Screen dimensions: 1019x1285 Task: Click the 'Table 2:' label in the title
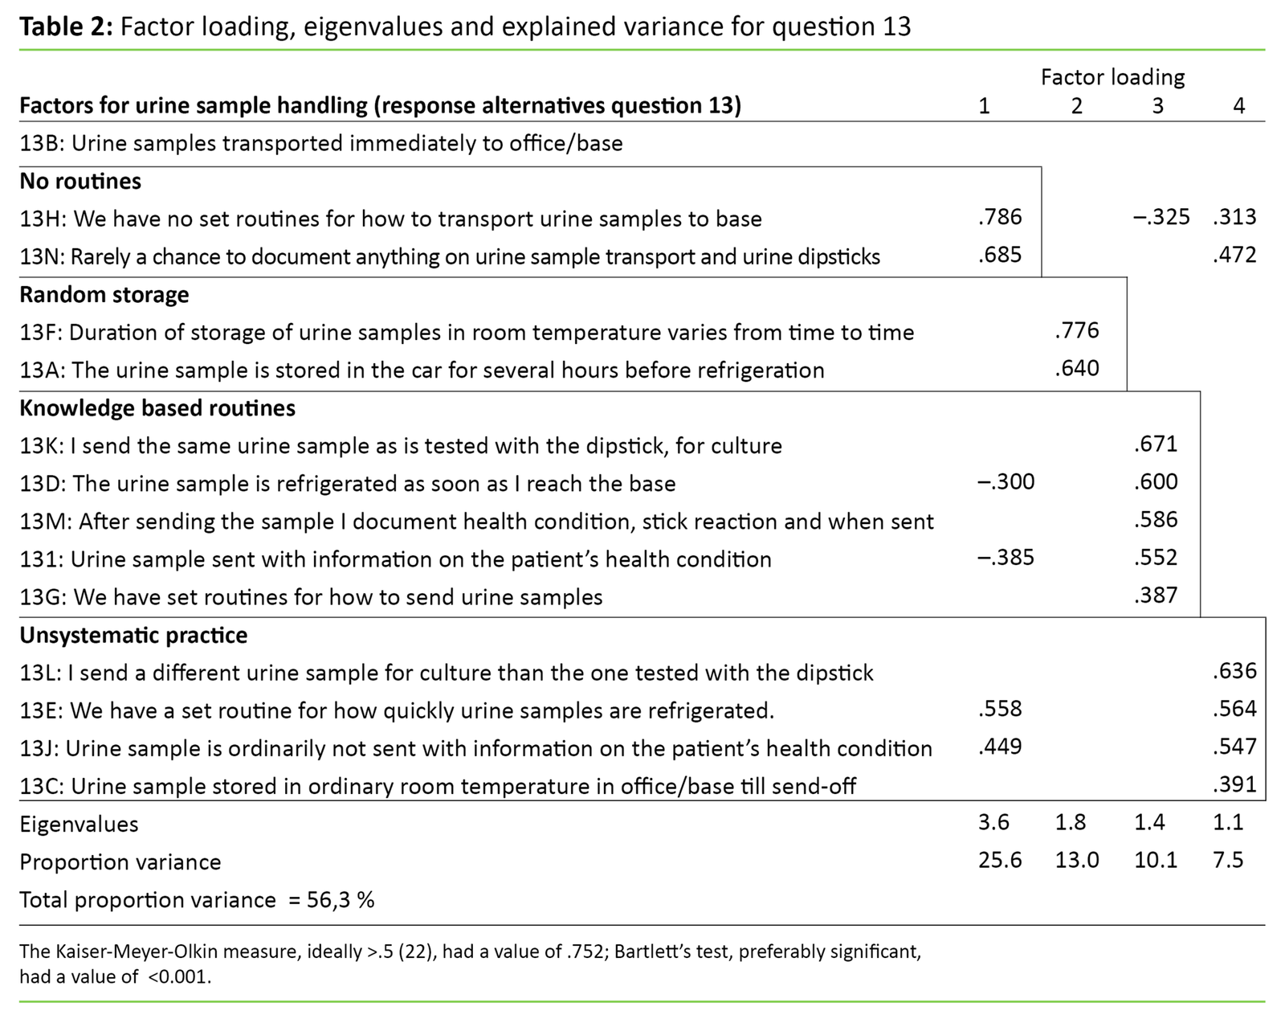[x=66, y=27]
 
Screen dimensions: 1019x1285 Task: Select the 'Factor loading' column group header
[x=1112, y=77]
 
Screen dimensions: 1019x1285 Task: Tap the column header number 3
[x=1157, y=105]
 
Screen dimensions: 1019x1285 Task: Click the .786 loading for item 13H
[x=1000, y=217]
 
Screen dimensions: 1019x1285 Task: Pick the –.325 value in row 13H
[x=1161, y=217]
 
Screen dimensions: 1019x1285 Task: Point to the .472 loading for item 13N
[x=1234, y=256]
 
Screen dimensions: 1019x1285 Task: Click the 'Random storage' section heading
[x=104, y=294]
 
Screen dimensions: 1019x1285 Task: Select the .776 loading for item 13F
[x=1076, y=330]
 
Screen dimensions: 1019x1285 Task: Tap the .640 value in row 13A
[x=1076, y=369]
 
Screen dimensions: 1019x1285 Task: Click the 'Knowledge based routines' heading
[x=157, y=408]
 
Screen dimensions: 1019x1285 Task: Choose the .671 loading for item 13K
[x=1156, y=444]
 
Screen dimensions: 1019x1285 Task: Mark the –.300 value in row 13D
[x=1006, y=482]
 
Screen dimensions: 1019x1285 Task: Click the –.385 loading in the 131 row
[x=1006, y=558]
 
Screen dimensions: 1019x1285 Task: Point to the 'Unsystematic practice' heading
[x=133, y=635]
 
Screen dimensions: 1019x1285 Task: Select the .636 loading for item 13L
[x=1234, y=671]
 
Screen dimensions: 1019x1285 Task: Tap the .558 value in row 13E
[x=1000, y=709]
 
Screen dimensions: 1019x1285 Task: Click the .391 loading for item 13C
[x=1234, y=784]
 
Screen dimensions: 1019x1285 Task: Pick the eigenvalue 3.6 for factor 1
[x=994, y=823]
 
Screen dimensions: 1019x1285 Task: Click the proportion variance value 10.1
[x=1156, y=861]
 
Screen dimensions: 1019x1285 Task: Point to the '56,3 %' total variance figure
[x=341, y=899]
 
